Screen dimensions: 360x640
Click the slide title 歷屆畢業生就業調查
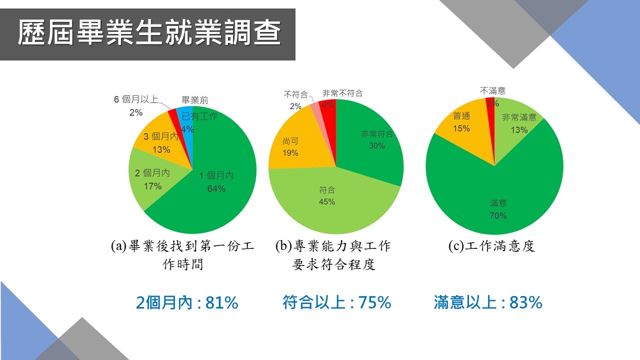coord(149,33)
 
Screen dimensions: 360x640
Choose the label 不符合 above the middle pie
coord(295,94)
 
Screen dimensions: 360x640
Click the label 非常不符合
coord(342,93)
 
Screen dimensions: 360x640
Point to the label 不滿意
coord(492,90)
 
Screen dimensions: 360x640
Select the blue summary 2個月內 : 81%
coord(187,302)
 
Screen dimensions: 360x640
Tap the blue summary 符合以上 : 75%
coord(336,302)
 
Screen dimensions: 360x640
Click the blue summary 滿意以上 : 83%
coord(488,302)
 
